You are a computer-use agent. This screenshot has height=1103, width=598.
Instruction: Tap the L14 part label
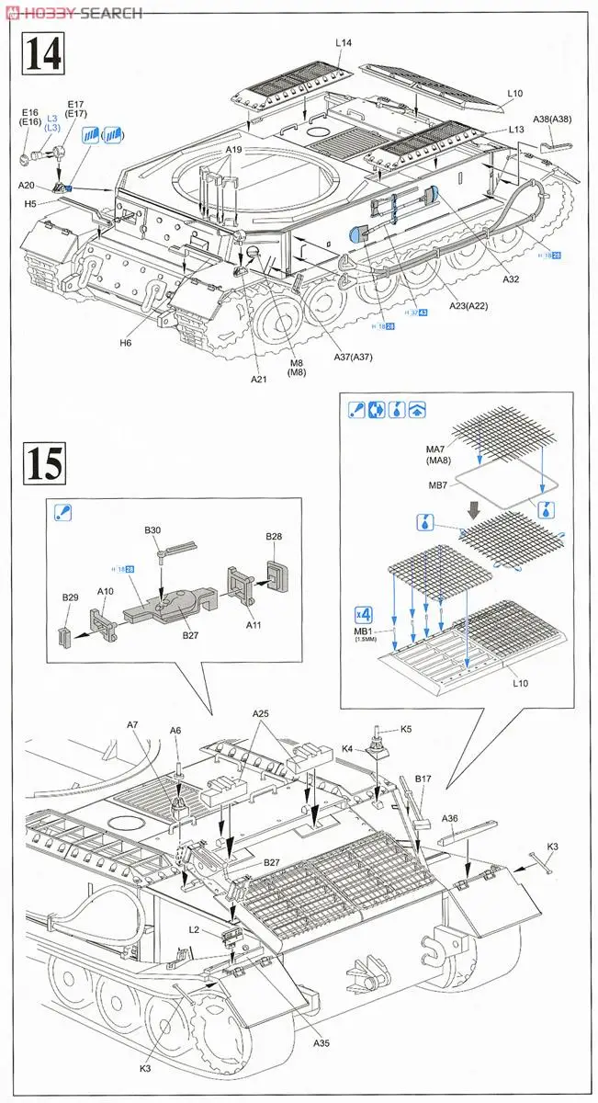point(344,43)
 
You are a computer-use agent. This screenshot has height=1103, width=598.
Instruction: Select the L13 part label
point(517,130)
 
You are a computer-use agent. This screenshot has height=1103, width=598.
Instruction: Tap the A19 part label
point(233,150)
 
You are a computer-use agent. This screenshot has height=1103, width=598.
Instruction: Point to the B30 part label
point(152,529)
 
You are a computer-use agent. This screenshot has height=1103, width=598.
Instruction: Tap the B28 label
point(274,536)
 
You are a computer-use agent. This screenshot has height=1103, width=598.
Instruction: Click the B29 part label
point(71,597)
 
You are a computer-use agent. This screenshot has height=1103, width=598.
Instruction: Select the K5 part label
point(406,729)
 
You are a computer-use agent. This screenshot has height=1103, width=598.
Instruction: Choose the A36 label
point(450,818)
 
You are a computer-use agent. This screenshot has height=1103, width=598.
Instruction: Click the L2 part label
point(194,929)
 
